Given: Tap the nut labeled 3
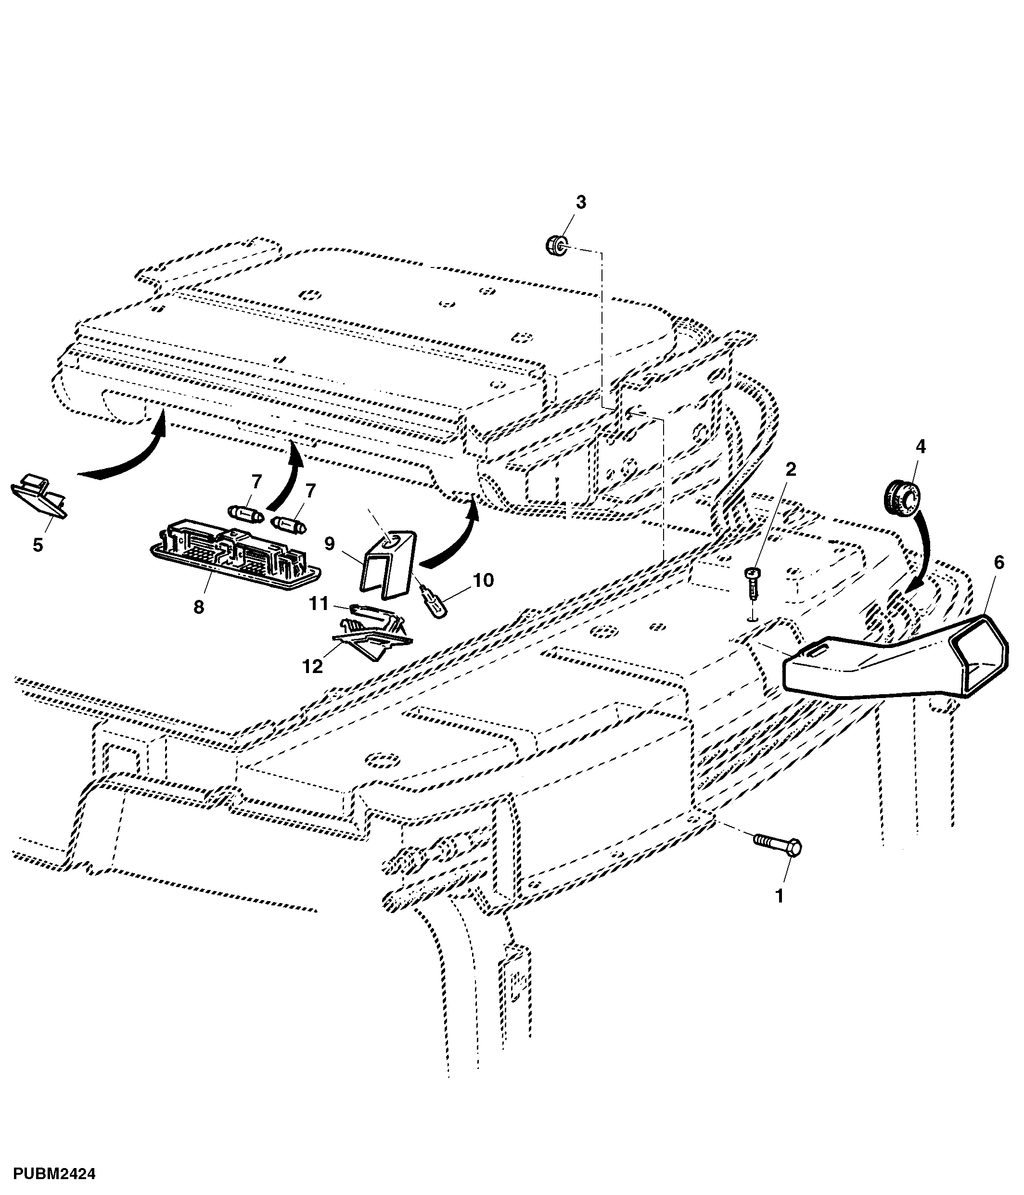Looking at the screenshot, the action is (557, 246).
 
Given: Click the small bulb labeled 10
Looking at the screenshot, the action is (433, 605).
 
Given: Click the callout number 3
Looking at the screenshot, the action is (581, 203).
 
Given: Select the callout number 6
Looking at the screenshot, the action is (998, 562).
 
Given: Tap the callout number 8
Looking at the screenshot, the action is (198, 607).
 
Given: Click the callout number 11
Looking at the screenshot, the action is (319, 603).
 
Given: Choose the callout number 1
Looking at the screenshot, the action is (779, 896).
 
